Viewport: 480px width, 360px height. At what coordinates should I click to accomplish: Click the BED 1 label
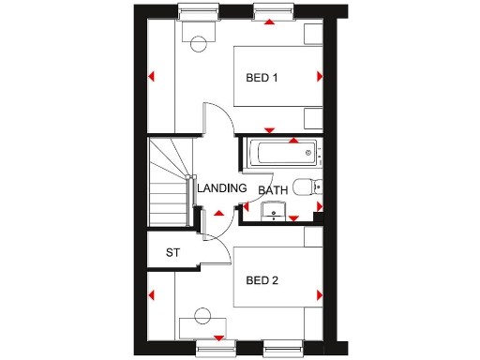click(x=262, y=78)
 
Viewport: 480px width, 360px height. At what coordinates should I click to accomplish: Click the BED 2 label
click(x=262, y=280)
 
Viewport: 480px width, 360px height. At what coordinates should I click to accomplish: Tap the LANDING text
click(x=222, y=188)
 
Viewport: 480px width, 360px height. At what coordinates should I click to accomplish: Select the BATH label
click(x=273, y=190)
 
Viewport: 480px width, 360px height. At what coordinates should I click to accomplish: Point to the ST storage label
click(x=172, y=252)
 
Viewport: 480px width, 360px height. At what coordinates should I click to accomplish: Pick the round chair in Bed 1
click(x=197, y=44)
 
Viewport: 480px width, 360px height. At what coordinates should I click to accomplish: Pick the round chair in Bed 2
click(x=200, y=316)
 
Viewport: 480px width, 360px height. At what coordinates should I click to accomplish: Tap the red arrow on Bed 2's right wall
click(x=320, y=295)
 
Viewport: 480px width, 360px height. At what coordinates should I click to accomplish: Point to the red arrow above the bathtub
click(x=293, y=141)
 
